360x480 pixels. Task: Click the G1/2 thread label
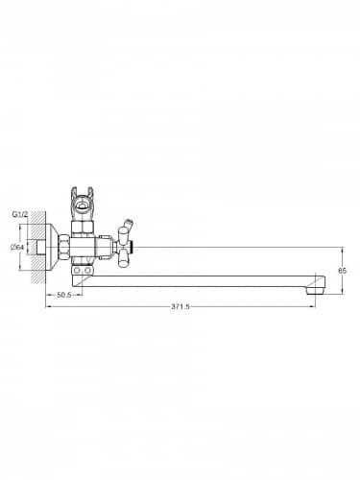click(x=20, y=214)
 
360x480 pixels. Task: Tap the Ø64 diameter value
click(x=17, y=247)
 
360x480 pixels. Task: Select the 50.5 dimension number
click(x=64, y=295)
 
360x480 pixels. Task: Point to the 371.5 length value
click(x=180, y=306)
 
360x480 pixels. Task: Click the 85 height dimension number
click(x=342, y=271)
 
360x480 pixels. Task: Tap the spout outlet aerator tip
click(x=316, y=290)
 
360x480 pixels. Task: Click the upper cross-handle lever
click(x=123, y=234)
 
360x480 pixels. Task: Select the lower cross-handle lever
click(x=123, y=259)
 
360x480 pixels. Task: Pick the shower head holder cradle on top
click(x=83, y=202)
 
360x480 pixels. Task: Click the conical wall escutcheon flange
click(x=53, y=247)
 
